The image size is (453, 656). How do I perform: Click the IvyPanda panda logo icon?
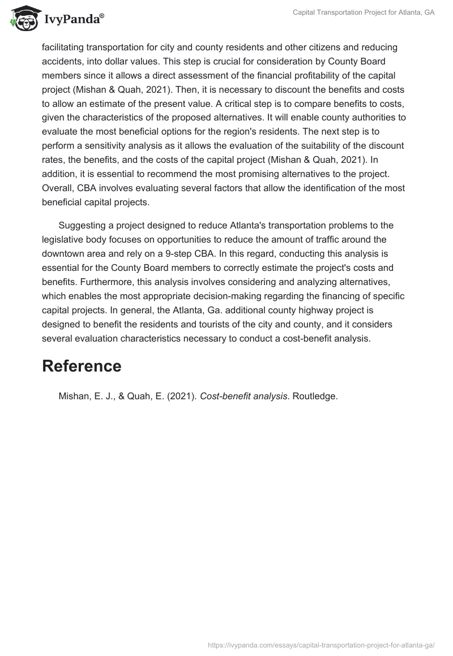coord(23,18)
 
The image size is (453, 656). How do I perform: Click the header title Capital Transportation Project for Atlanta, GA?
coord(363,12)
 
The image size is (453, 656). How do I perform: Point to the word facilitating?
coord(64,47)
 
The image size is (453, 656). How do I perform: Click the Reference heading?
coord(82,366)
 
